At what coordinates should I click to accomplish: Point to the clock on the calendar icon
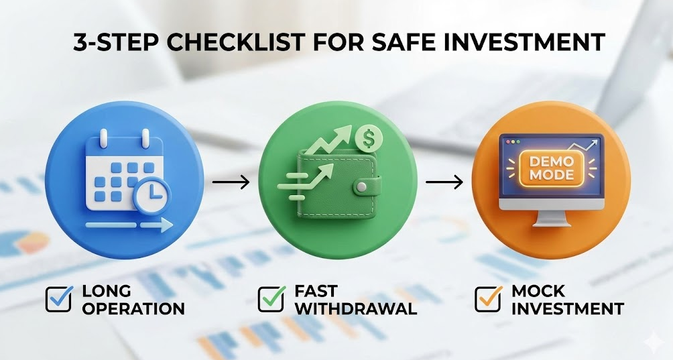point(151,195)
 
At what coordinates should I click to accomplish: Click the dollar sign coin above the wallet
point(369,138)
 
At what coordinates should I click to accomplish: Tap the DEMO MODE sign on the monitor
point(552,168)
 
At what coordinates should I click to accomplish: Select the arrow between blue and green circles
point(231,182)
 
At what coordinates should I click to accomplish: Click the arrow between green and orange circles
point(444,182)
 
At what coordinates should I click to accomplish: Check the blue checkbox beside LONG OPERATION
point(59,298)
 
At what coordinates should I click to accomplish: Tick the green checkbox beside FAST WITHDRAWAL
point(271,298)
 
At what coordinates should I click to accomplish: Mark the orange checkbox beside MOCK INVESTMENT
point(489,298)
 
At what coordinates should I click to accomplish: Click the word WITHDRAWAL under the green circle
point(356,309)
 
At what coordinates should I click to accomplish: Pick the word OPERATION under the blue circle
point(133,309)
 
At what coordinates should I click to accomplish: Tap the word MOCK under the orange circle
point(538,291)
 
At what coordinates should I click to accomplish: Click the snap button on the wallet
point(362,186)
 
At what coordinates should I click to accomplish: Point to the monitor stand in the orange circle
point(552,218)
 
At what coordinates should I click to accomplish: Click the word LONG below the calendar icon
point(107,291)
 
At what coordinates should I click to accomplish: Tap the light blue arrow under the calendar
point(129,225)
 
